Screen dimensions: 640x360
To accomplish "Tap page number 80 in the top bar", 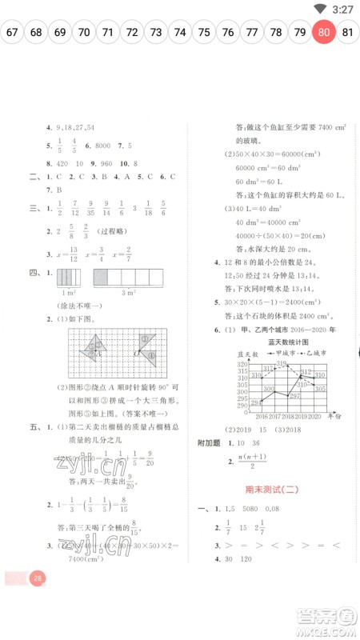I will (x=323, y=33).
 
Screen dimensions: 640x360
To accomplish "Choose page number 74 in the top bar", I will (x=180, y=33).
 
